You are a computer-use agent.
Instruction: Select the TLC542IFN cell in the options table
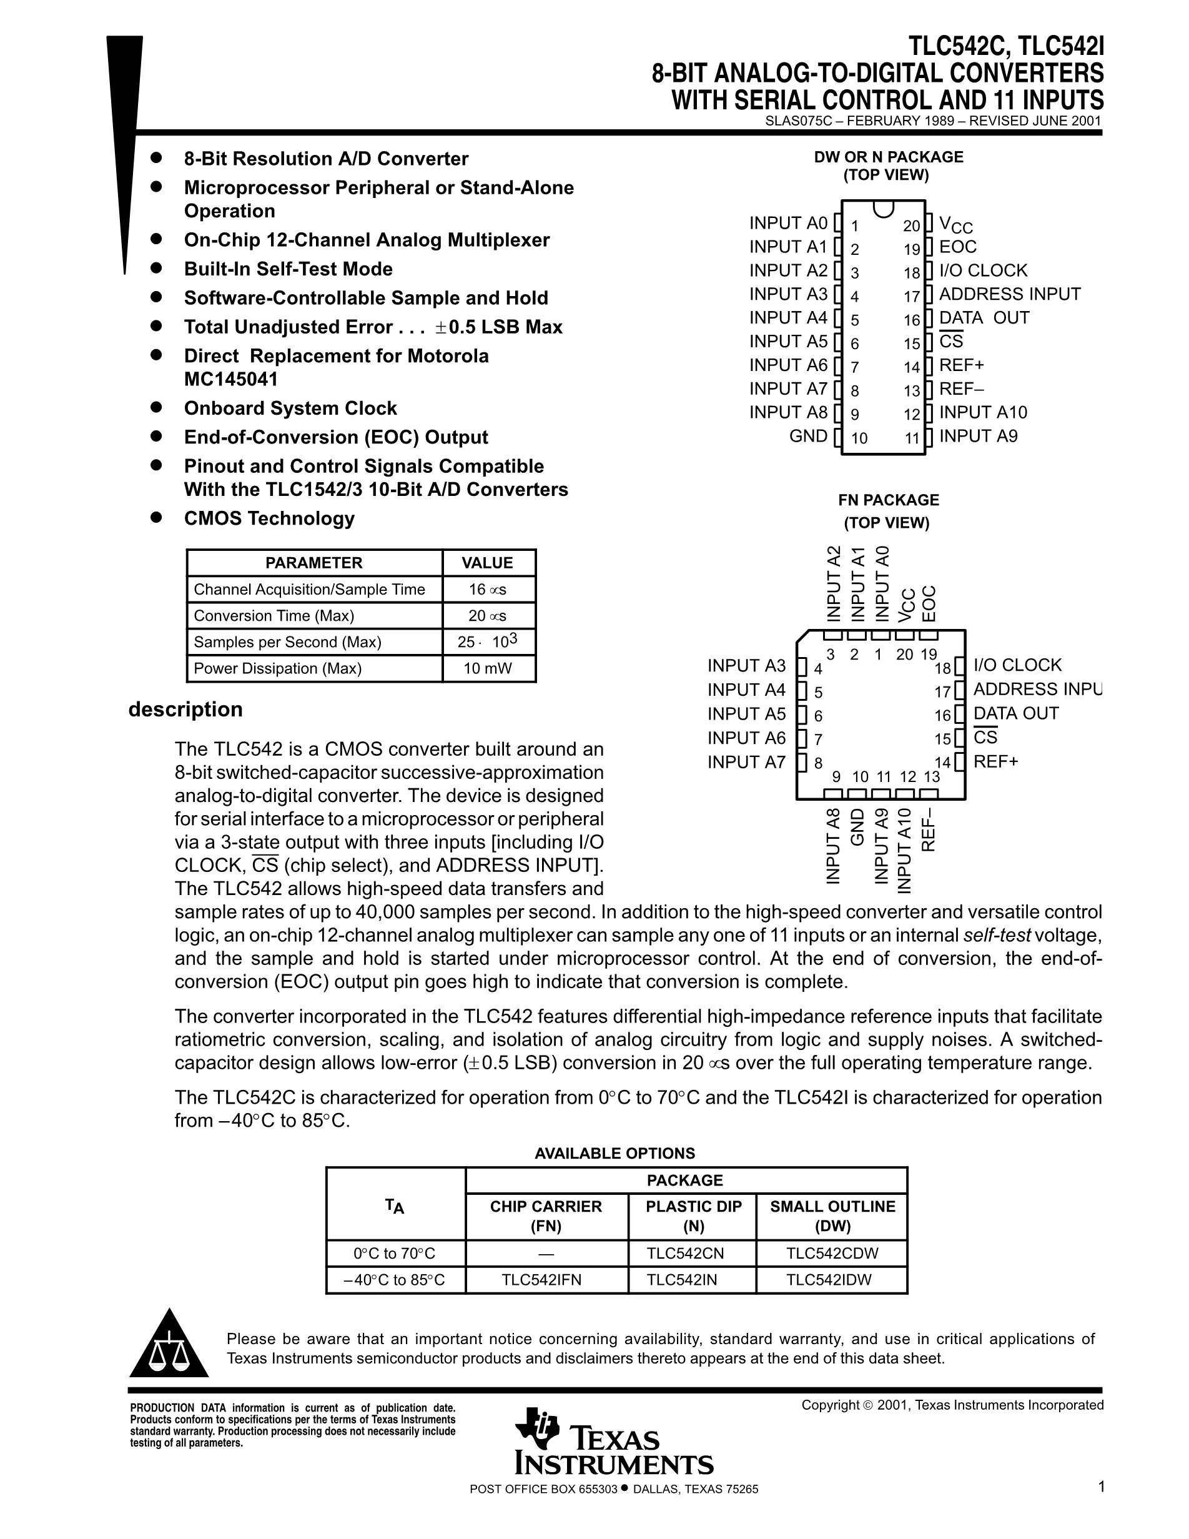541,1280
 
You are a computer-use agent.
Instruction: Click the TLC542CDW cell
832,1253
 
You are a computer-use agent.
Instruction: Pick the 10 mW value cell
488,668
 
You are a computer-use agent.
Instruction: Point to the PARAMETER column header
313,562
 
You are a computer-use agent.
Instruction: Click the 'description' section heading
185,709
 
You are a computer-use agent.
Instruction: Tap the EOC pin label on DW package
958,247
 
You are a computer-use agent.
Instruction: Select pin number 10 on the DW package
859,438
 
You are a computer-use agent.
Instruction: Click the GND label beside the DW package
808,435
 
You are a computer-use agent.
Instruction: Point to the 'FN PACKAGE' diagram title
888,500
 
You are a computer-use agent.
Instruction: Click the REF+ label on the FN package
996,761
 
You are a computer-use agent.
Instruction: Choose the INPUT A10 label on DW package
983,412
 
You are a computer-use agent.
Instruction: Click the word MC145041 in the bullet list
231,379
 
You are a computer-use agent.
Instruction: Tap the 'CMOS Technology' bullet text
269,518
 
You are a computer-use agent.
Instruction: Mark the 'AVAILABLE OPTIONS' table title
614,1153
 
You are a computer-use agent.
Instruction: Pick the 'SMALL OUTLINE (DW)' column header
832,1215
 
